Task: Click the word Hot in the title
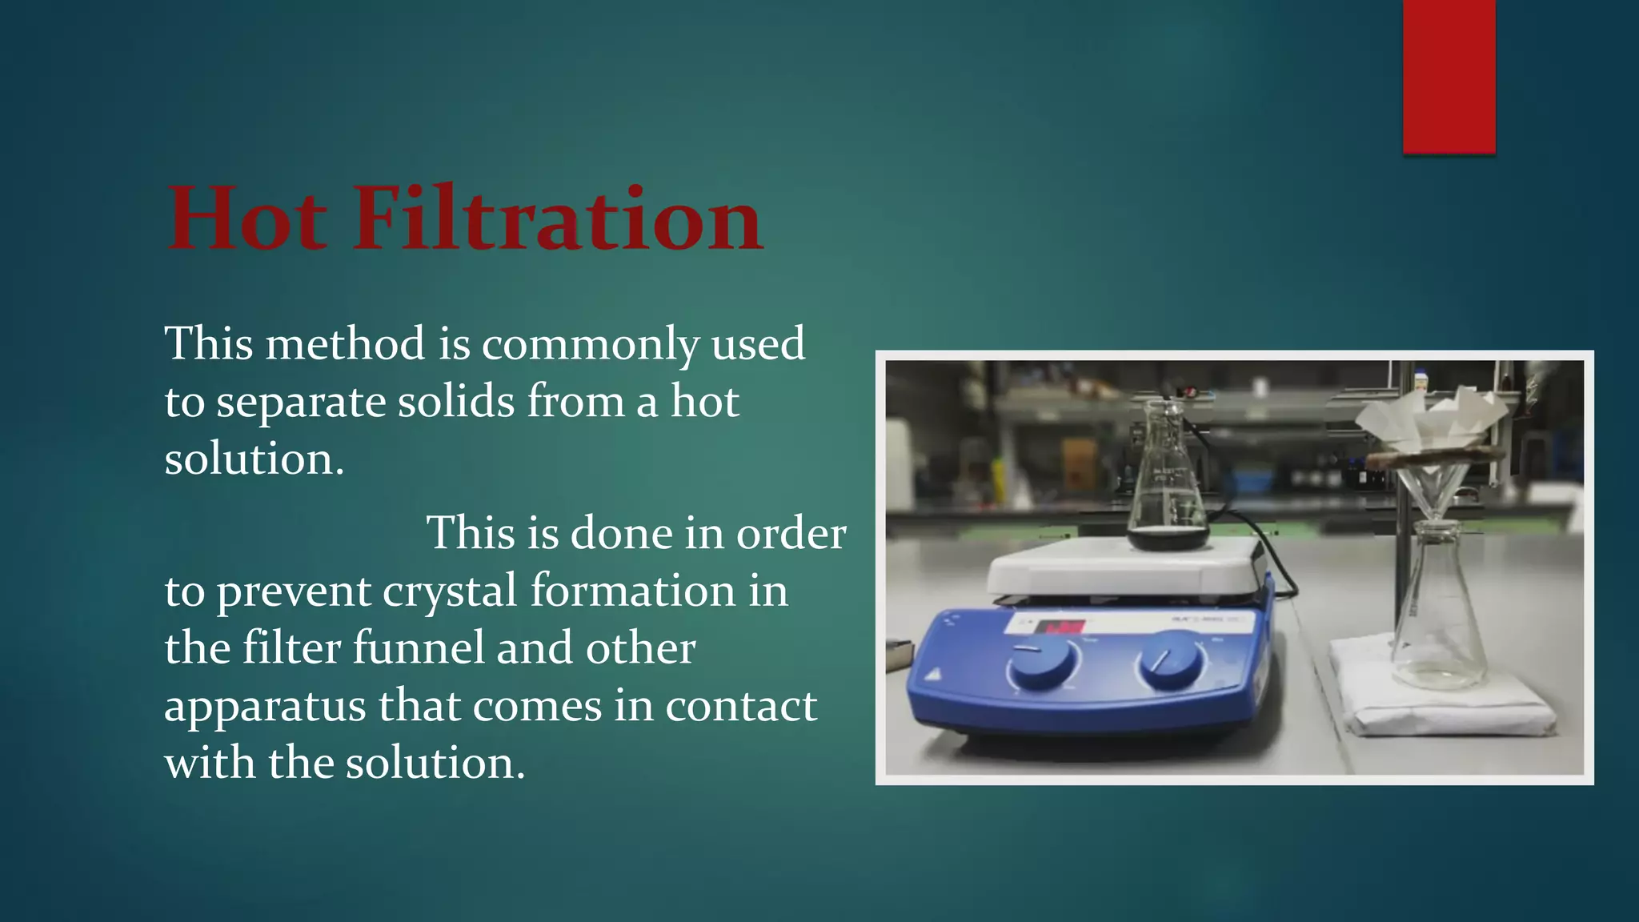(x=247, y=218)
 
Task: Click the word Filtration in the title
(x=558, y=218)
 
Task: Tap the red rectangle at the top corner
(x=1449, y=76)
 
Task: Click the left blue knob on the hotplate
(x=1040, y=663)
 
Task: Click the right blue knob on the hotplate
(x=1171, y=659)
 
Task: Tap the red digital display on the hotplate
(x=1060, y=627)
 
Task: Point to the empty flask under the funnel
(x=1439, y=616)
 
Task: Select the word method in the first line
(x=345, y=344)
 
